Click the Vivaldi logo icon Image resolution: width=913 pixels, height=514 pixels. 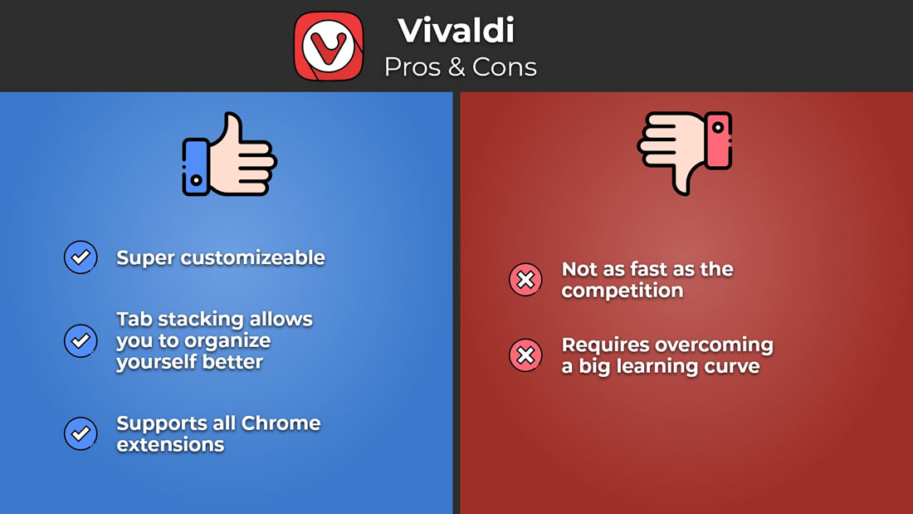coord(329,46)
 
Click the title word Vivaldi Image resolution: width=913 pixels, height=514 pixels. coord(456,30)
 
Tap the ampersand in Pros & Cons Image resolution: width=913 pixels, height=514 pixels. coord(457,67)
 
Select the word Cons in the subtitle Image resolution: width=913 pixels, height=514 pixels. coord(505,67)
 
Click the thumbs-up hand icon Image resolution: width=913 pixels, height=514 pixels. coord(229,154)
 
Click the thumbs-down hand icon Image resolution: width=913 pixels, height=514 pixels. coord(685,154)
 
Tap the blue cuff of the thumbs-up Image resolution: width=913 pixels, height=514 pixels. coord(196,167)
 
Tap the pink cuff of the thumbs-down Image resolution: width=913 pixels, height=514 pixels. coord(719,140)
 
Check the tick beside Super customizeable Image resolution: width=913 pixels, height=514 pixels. coord(81,257)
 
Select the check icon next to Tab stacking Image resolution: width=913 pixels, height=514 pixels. coord(81,340)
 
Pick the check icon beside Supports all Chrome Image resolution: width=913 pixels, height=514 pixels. coord(81,433)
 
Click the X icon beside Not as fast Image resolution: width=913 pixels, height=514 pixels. coord(525,280)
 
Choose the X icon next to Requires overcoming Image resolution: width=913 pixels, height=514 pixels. coord(525,355)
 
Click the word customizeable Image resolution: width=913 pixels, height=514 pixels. coord(252,257)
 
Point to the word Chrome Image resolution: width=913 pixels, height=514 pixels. coord(281,423)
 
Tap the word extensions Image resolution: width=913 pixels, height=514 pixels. coord(170,444)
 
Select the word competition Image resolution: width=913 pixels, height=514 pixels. coord(622,291)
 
